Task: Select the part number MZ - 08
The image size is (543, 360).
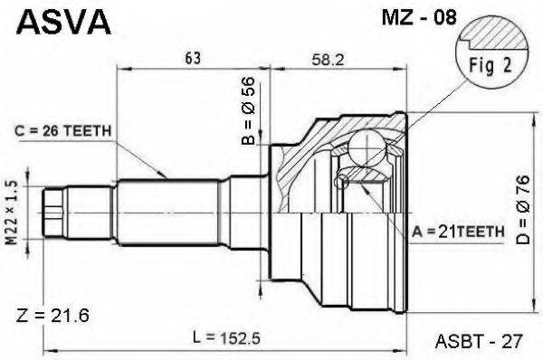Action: click(x=419, y=17)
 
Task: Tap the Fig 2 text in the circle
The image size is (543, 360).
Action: click(x=490, y=65)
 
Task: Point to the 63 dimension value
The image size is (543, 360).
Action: click(x=193, y=58)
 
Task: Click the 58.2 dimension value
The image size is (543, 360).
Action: click(x=328, y=60)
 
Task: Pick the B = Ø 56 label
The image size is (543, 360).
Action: click(x=249, y=110)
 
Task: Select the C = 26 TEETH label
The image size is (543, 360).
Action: click(x=63, y=131)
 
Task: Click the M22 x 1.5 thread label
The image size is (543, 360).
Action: click(x=12, y=213)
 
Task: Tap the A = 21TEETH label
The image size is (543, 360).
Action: click(x=458, y=232)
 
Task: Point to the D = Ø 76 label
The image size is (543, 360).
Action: click(x=522, y=210)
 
